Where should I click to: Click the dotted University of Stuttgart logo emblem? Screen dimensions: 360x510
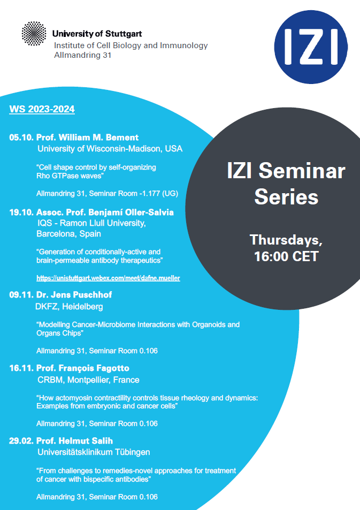tap(34, 34)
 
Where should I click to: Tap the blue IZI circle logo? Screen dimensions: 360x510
tap(311, 47)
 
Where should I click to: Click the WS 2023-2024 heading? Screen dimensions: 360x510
tap(42, 109)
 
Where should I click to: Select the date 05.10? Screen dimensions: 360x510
tap(21, 137)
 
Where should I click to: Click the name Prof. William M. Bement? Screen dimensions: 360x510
tap(88, 137)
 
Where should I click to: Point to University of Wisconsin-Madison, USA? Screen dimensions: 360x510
tap(110, 149)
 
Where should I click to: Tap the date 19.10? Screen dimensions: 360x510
tap(21, 212)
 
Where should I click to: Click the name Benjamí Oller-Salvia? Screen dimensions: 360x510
tap(131, 212)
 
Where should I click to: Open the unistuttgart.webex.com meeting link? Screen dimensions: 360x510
tap(108, 278)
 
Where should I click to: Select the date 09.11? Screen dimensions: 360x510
tap(21, 295)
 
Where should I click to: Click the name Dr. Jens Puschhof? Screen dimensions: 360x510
tap(74, 295)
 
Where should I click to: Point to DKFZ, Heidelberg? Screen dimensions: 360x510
tap(69, 307)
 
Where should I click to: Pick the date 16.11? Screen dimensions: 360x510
tap(21, 368)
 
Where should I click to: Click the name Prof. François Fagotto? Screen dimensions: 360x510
tap(83, 368)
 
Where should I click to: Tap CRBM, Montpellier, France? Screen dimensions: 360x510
tap(88, 380)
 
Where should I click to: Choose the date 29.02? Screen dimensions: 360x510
tap(21, 441)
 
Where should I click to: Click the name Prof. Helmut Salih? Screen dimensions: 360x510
tap(74, 441)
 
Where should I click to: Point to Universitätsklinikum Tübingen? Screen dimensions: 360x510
tap(94, 452)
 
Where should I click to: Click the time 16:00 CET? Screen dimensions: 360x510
tap(286, 256)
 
